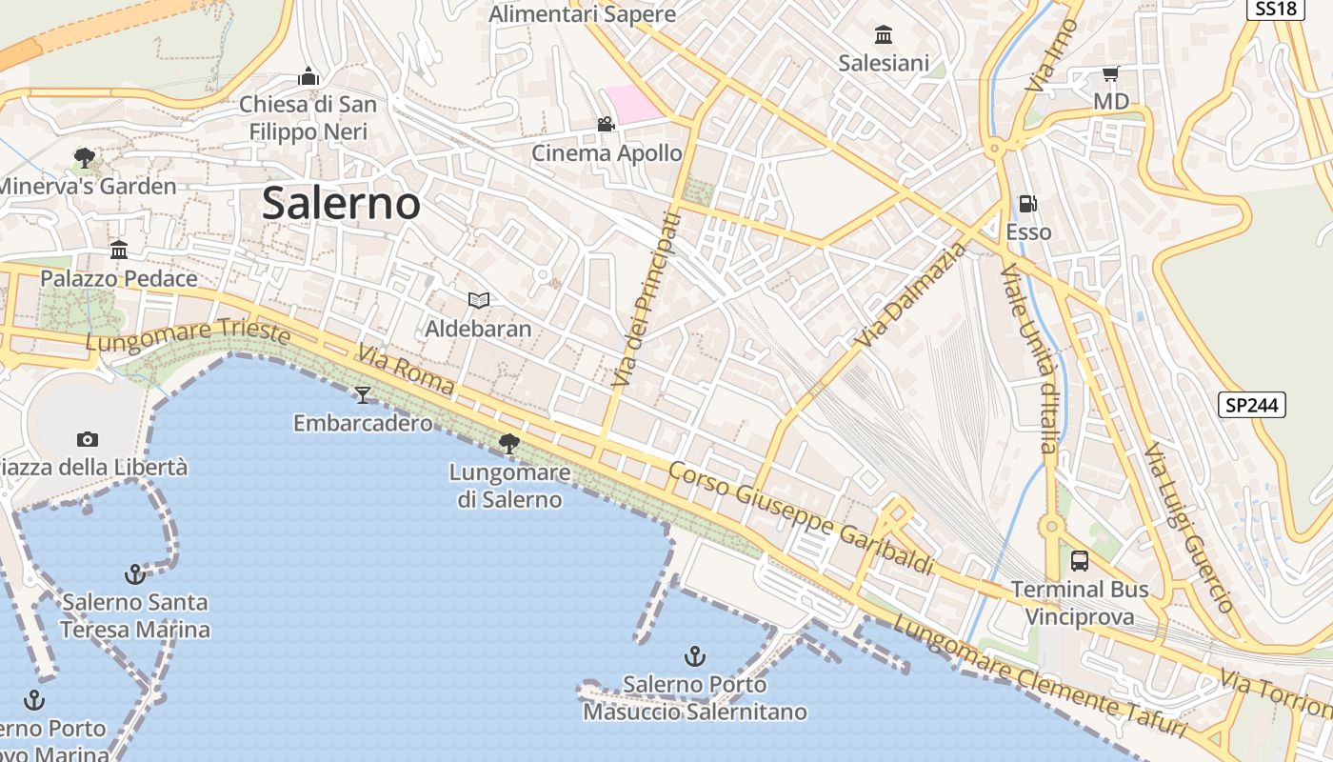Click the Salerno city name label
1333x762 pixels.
pyautogui.click(x=341, y=203)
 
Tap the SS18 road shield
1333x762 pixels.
pyautogui.click(x=1274, y=9)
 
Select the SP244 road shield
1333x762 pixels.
pyautogui.click(x=1252, y=405)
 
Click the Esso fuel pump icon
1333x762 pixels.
pyautogui.click(x=1028, y=203)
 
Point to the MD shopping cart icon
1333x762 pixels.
pyautogui.click(x=1110, y=73)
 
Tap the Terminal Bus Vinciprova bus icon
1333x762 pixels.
pyautogui.click(x=1080, y=560)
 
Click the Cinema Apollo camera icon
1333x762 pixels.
pyautogui.click(x=606, y=124)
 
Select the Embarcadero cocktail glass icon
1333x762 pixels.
pyautogui.click(x=362, y=394)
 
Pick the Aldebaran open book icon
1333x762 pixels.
pyautogui.click(x=478, y=301)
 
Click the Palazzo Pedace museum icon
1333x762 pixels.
pyautogui.click(x=119, y=251)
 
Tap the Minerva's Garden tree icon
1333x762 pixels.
pyautogui.click(x=85, y=157)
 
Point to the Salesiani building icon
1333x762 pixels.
pyautogui.click(x=884, y=35)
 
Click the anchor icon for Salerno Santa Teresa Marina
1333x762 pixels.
pyautogui.click(x=135, y=573)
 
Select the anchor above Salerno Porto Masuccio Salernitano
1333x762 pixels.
pyautogui.click(x=695, y=655)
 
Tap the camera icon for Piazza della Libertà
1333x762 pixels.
pyautogui.click(x=88, y=439)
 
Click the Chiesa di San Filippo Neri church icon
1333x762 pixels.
pyautogui.click(x=308, y=76)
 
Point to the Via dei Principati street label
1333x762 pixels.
pyautogui.click(x=647, y=300)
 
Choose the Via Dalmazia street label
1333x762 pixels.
pyautogui.click(x=910, y=295)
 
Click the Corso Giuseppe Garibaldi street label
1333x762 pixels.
pyautogui.click(x=800, y=519)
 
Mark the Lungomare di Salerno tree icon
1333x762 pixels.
pyautogui.click(x=509, y=443)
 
